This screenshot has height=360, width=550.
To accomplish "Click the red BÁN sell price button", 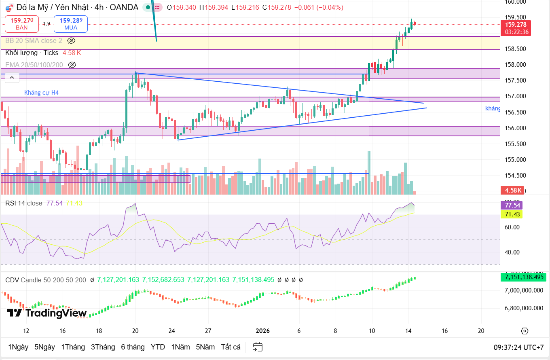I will click(x=22, y=24).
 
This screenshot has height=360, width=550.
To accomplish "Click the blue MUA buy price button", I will click(x=71, y=24).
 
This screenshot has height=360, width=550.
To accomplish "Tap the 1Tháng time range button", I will click(x=73, y=347).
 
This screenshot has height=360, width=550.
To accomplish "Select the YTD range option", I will click(x=158, y=347).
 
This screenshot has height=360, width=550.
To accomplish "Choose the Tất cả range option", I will click(x=231, y=347).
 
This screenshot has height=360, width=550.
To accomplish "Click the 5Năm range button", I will click(x=205, y=347).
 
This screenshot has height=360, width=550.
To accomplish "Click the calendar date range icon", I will click(x=258, y=347).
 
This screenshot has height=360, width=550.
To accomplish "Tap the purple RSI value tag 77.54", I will click(x=511, y=205).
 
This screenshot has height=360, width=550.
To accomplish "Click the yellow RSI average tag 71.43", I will click(x=511, y=214).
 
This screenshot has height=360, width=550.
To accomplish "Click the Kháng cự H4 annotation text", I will click(x=41, y=93).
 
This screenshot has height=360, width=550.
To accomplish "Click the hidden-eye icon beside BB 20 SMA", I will click(x=72, y=40).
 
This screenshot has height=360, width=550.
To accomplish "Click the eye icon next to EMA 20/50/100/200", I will click(x=72, y=65).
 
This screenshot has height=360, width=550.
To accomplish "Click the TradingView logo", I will click(x=47, y=313).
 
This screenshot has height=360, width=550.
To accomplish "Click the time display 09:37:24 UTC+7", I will click(x=518, y=347).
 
